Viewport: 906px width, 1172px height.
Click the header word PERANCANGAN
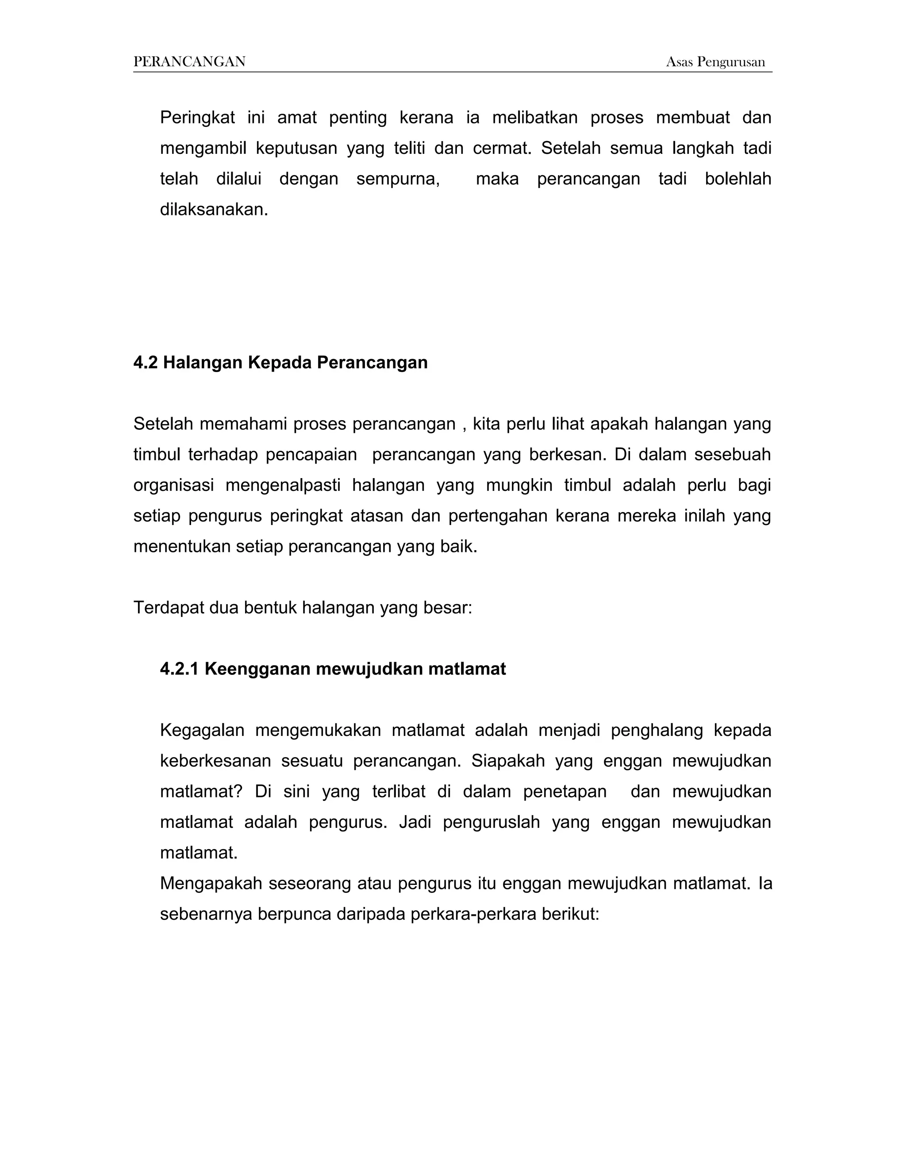(x=189, y=62)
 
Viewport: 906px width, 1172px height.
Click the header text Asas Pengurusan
(x=715, y=62)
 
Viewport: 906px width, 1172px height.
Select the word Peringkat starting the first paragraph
(x=197, y=118)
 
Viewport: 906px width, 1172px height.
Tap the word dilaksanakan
(x=213, y=209)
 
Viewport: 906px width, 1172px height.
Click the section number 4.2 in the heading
(x=145, y=363)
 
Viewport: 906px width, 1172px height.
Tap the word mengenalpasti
(x=283, y=485)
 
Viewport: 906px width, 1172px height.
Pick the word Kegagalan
(x=202, y=730)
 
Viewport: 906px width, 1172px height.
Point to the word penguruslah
(x=491, y=822)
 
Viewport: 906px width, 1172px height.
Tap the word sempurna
(x=398, y=179)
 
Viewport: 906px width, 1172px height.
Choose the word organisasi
(x=173, y=485)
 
